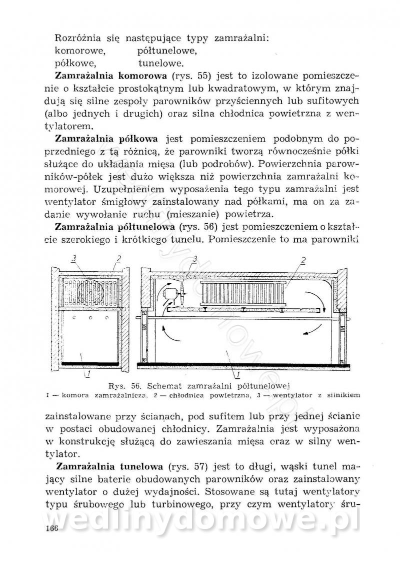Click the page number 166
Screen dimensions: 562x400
[x=51, y=528]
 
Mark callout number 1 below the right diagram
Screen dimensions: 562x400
[x=237, y=373]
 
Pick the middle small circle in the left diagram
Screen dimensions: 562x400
[x=90, y=318]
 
